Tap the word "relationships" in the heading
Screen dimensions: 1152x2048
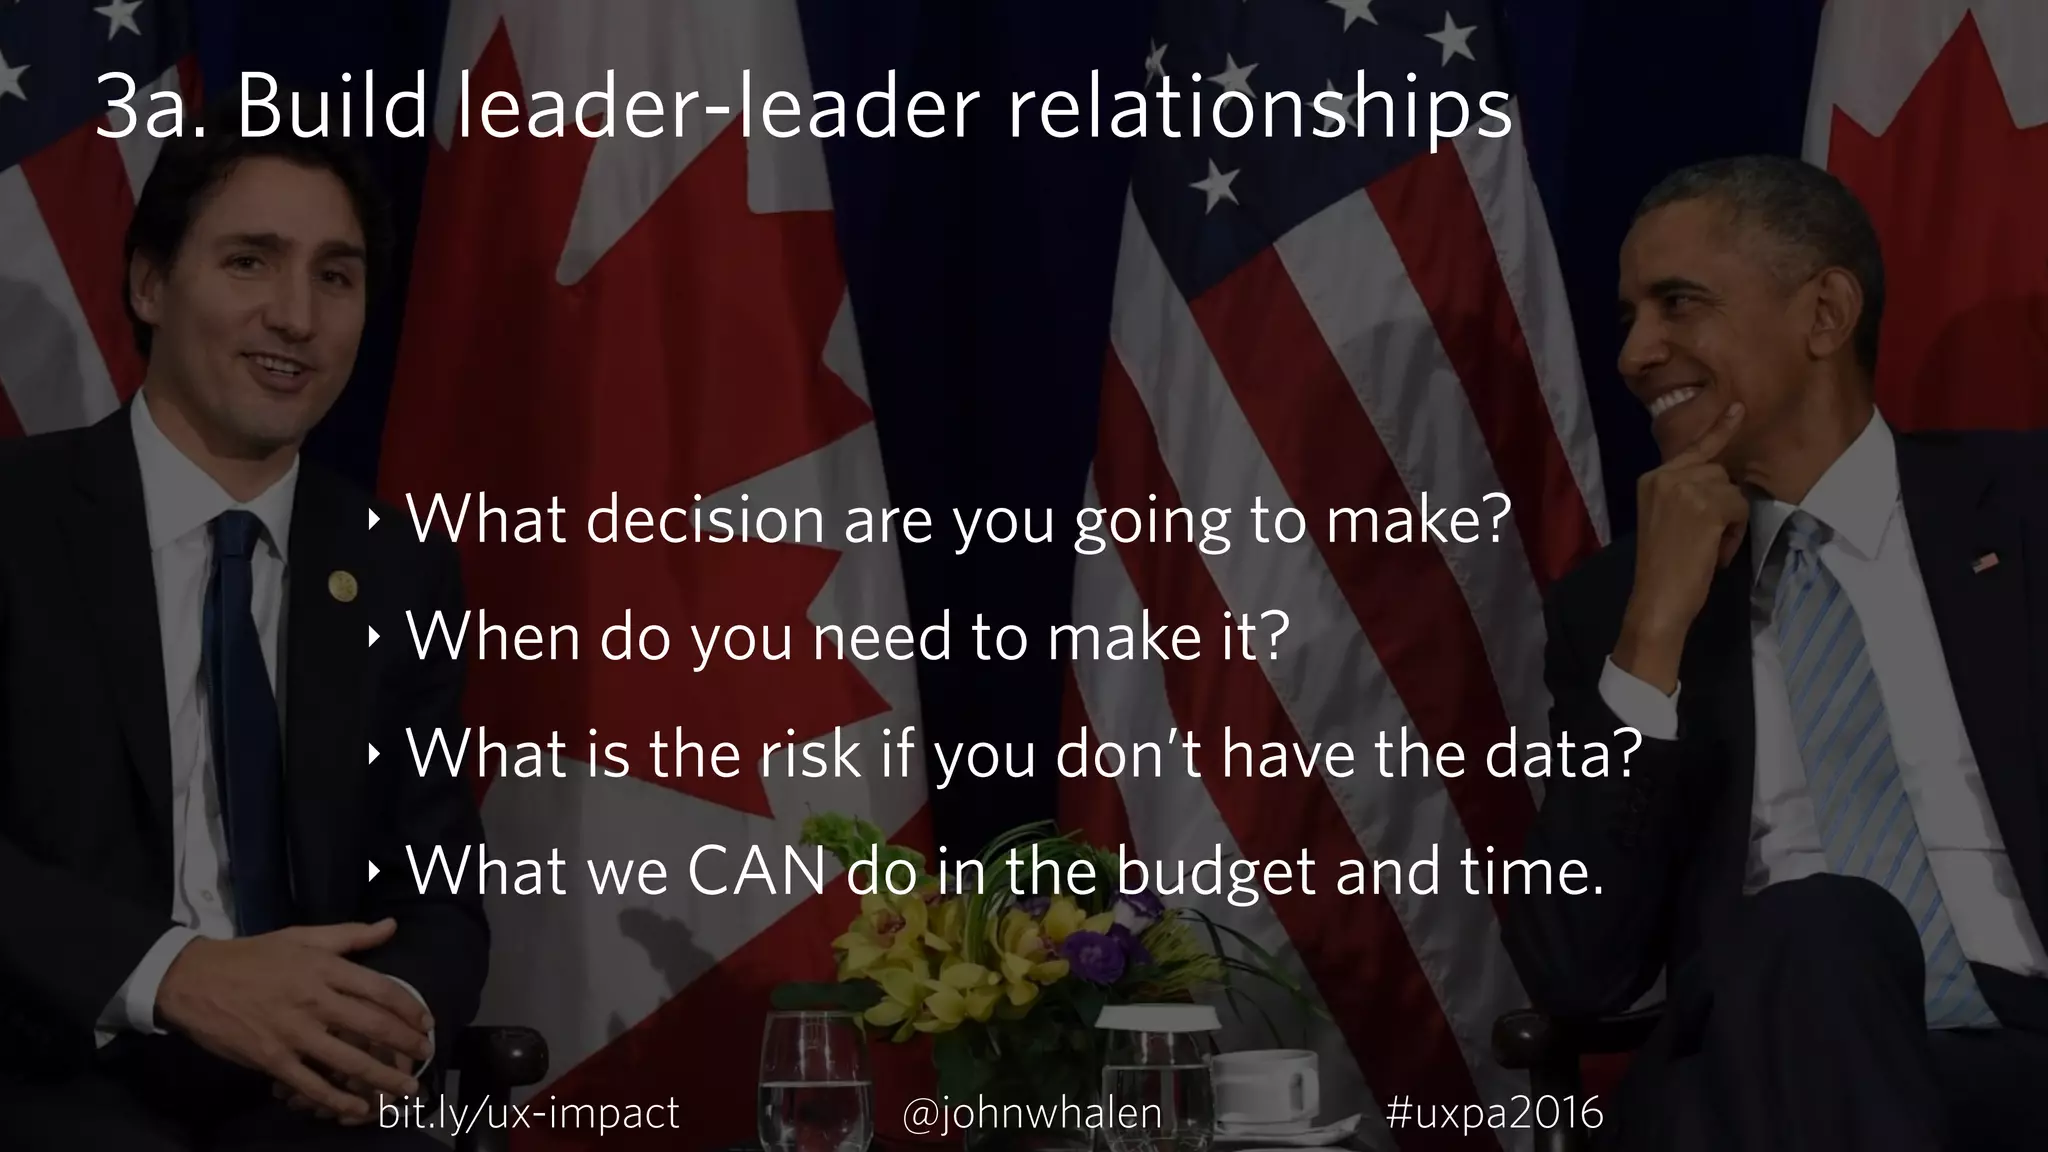[1260, 112]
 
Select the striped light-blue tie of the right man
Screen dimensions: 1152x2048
[1850, 720]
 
